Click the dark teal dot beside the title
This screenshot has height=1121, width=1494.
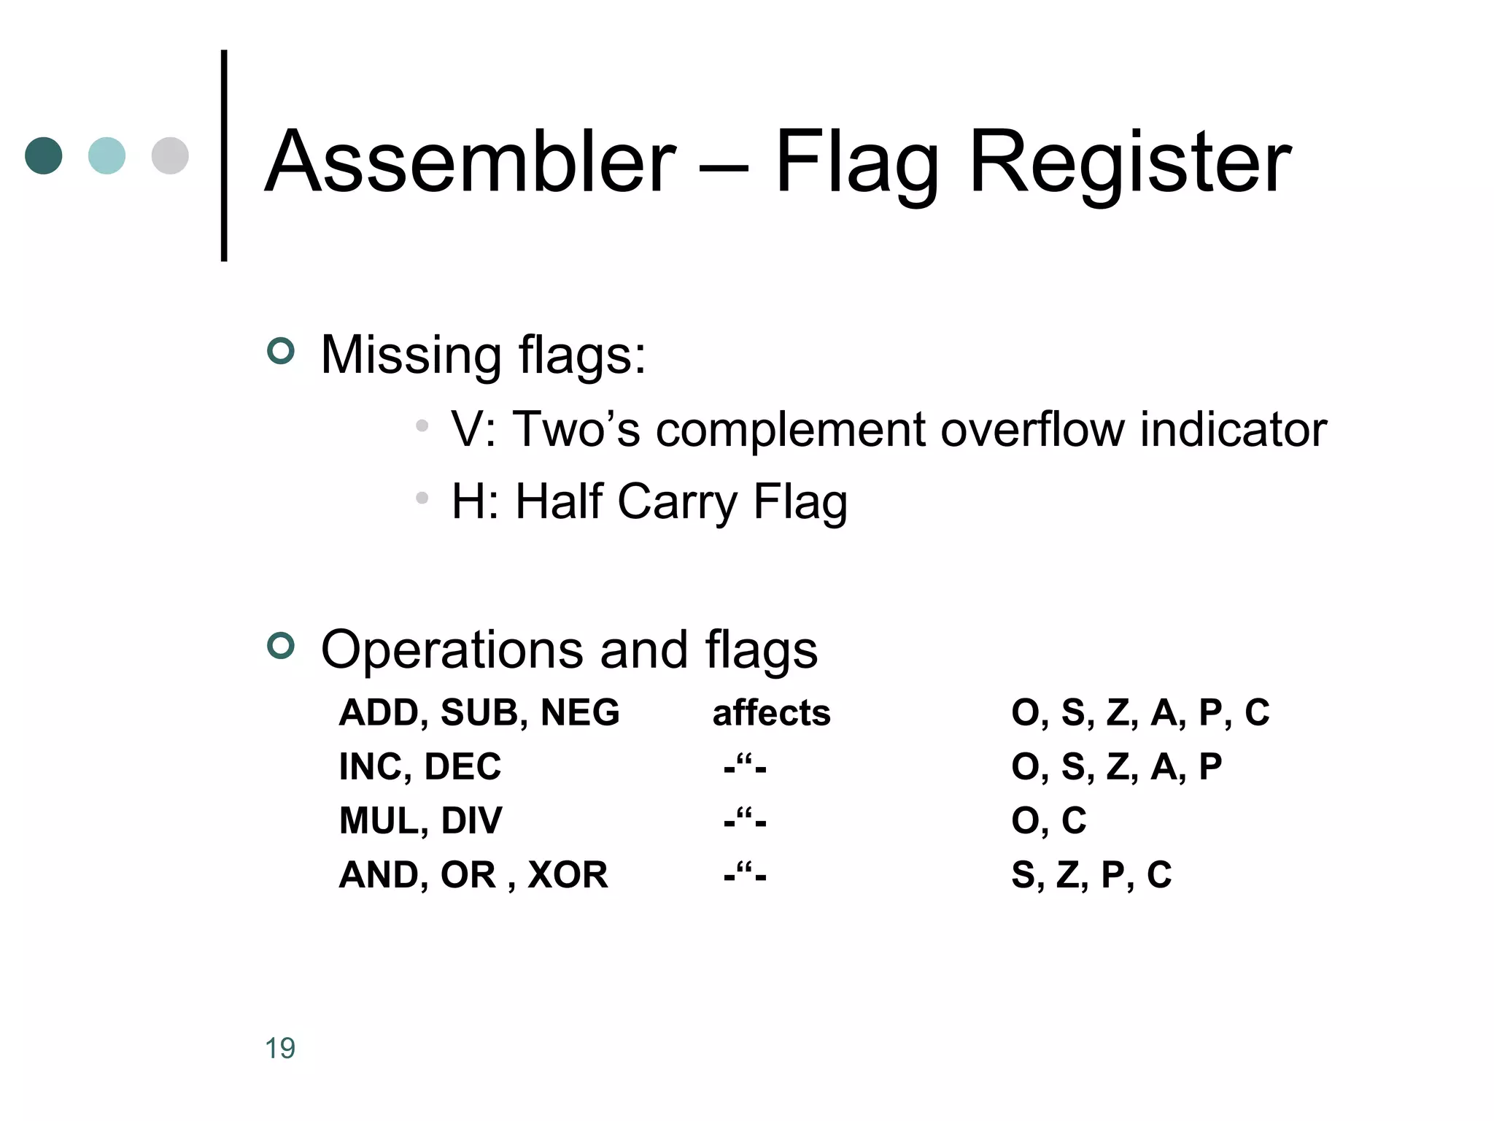pos(44,155)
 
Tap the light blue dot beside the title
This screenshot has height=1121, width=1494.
pos(107,155)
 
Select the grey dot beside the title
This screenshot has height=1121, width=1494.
pos(170,155)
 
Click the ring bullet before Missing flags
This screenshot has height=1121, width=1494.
pos(281,351)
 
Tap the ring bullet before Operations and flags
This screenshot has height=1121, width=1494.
pos(281,645)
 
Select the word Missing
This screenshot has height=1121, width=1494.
pos(411,355)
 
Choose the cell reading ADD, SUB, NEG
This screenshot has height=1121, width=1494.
pos(479,712)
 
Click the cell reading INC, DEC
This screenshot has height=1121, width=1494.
pos(420,766)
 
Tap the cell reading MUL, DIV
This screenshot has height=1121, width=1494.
pos(421,820)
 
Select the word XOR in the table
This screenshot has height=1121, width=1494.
pos(568,874)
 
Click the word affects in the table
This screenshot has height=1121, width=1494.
pos(771,712)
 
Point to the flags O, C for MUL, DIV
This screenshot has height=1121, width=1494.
pos(1048,820)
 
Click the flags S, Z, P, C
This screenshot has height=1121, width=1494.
pos(1091,874)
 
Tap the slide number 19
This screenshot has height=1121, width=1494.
pos(280,1049)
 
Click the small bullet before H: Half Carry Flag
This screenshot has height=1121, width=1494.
pos(422,498)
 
